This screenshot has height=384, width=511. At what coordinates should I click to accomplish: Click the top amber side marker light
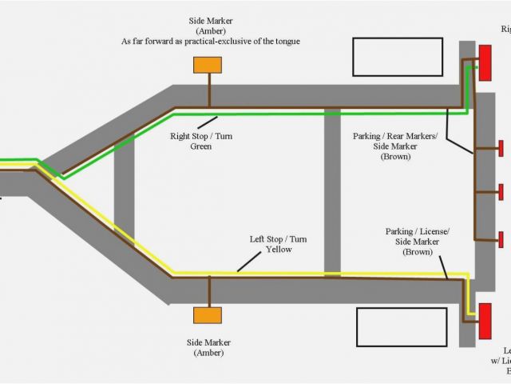(x=208, y=64)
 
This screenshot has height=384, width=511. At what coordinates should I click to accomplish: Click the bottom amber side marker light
(x=208, y=315)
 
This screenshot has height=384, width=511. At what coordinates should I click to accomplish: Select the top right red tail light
(x=485, y=62)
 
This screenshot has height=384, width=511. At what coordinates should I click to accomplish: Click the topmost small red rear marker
(x=501, y=148)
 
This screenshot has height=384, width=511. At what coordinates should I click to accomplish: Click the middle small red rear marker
(x=501, y=192)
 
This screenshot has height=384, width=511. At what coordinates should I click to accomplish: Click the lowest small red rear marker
(x=501, y=238)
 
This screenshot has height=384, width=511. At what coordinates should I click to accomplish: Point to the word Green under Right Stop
(x=200, y=146)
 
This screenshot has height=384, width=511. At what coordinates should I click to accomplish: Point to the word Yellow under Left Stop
(x=279, y=250)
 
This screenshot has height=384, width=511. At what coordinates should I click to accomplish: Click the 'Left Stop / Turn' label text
(x=279, y=238)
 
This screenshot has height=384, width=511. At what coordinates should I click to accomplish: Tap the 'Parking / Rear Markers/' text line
(x=395, y=136)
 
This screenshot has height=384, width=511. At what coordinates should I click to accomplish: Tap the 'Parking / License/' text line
(x=418, y=230)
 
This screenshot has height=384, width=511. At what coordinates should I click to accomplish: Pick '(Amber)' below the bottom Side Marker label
(x=206, y=353)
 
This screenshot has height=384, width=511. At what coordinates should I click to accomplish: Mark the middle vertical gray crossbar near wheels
(x=332, y=192)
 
